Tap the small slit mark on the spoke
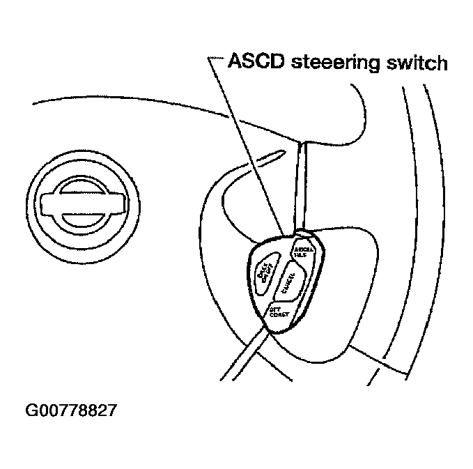(272, 154)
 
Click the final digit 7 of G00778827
(111, 410)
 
